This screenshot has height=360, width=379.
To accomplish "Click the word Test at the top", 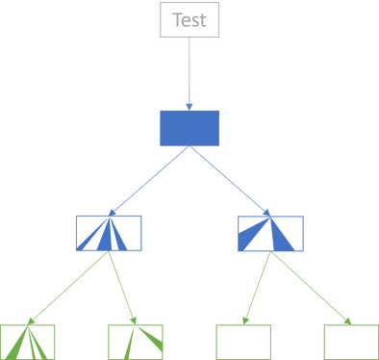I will tap(189, 19).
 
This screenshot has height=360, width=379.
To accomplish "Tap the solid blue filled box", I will tap(189, 128).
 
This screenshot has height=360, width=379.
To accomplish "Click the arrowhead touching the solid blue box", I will tap(189, 105).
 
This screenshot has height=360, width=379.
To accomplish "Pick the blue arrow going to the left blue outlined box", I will tap(149, 181).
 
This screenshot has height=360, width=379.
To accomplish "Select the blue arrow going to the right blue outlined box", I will tap(231, 181).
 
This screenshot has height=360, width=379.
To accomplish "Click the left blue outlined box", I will tap(85, 232).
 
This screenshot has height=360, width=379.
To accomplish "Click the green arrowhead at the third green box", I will tap(241, 321).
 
